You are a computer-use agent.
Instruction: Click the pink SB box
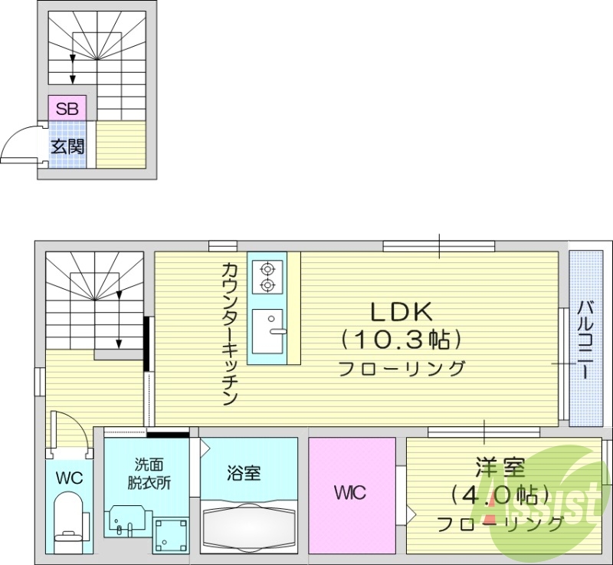[67, 108]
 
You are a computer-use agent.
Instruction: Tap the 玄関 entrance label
[67, 146]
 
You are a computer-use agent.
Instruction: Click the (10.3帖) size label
[402, 338]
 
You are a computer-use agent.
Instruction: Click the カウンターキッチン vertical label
[230, 333]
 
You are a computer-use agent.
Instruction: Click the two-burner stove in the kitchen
[267, 277]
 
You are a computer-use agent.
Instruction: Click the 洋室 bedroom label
[500, 467]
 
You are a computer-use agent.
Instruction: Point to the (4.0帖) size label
[500, 494]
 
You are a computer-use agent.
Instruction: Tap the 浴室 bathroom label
[244, 472]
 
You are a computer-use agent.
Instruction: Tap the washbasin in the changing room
[124, 521]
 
